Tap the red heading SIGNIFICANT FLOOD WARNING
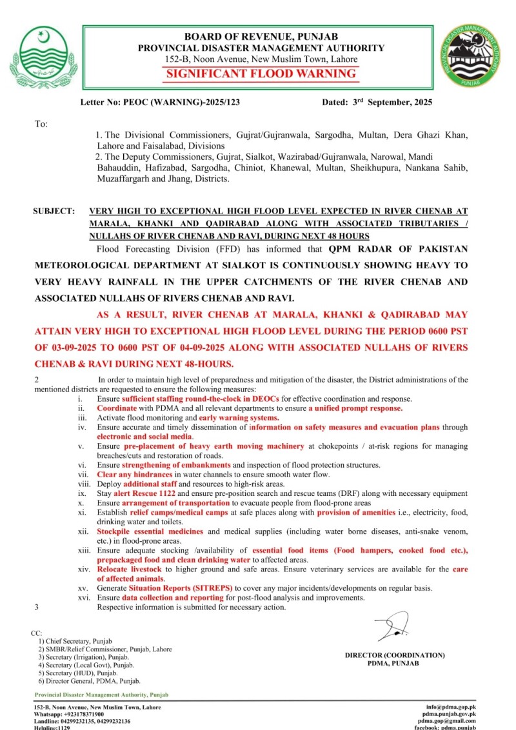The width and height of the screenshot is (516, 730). (261, 74)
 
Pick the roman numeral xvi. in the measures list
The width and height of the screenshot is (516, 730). (83, 598)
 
